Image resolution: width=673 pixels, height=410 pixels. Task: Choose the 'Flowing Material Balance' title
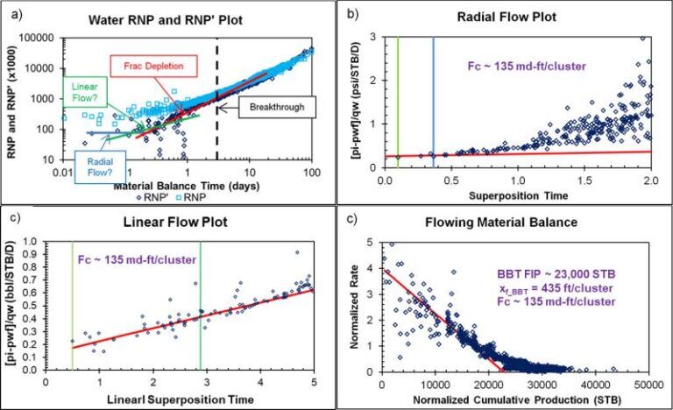pos(519,222)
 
